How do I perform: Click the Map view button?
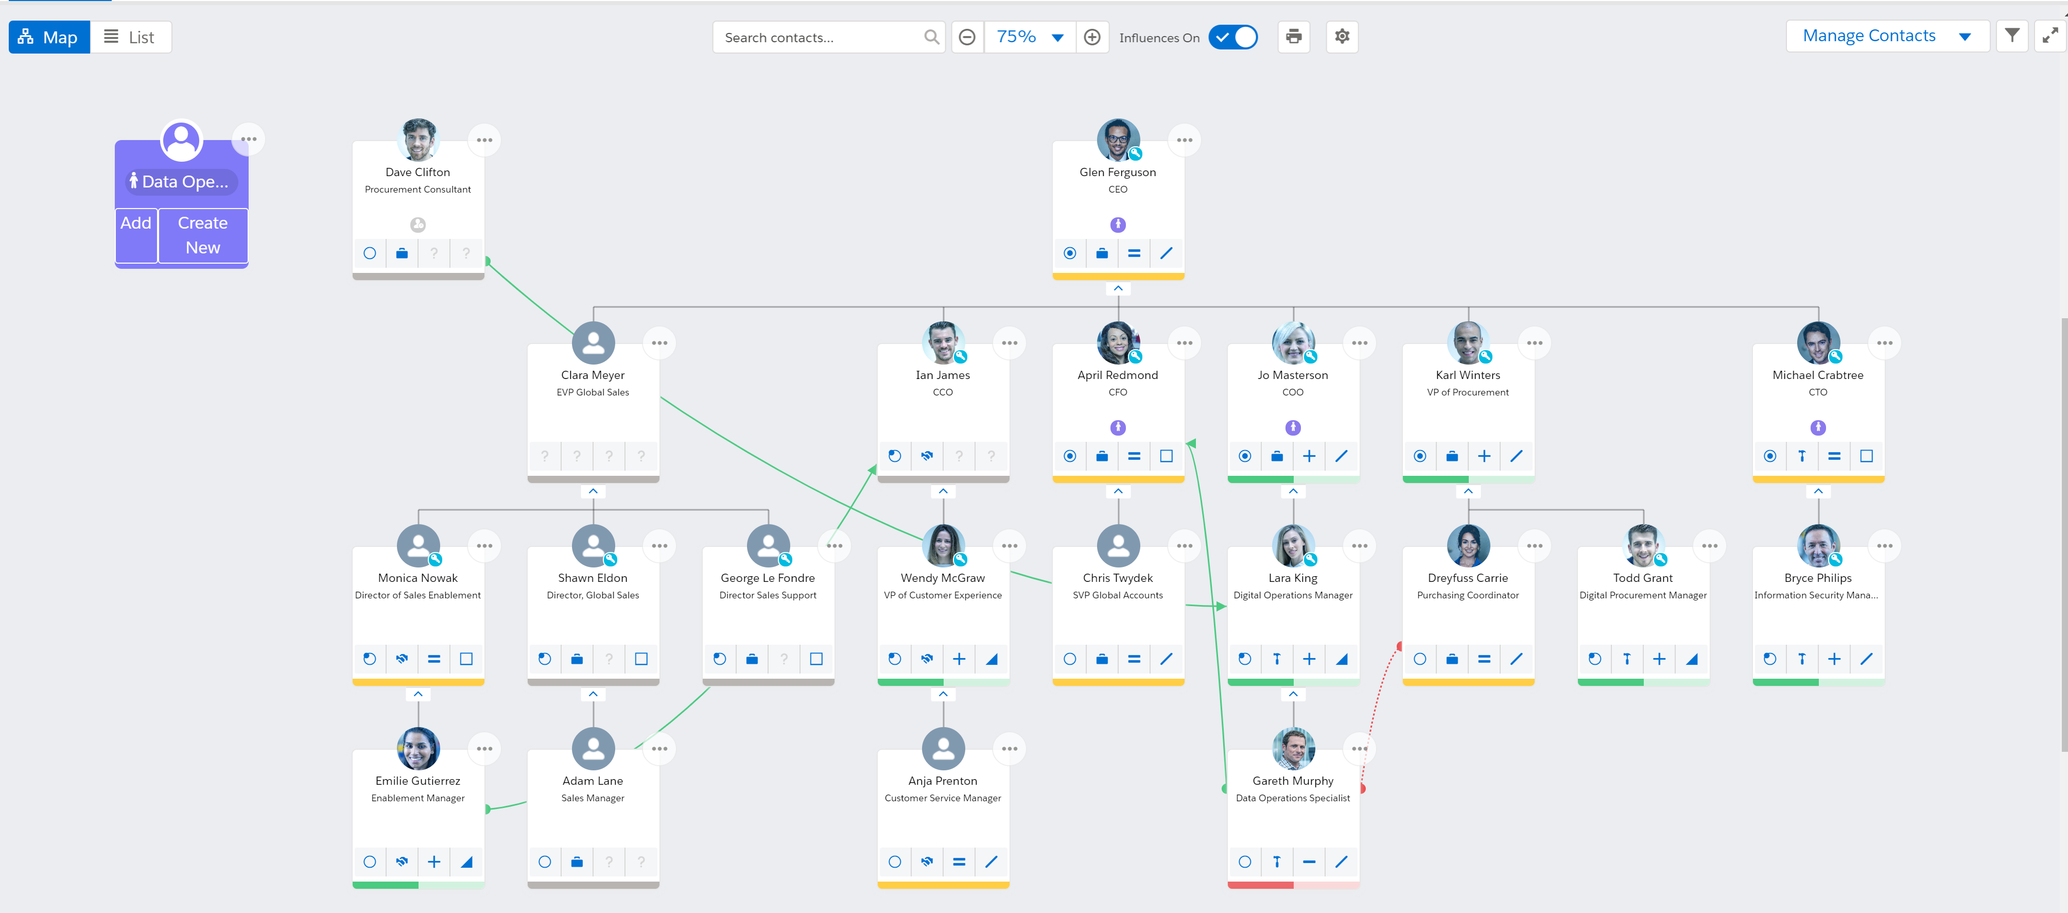click(x=49, y=37)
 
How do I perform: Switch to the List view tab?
click(x=130, y=37)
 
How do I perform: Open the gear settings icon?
click(x=1342, y=37)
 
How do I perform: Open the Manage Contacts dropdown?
click(x=1887, y=36)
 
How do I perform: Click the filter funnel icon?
click(x=2012, y=36)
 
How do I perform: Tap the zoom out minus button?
click(x=967, y=37)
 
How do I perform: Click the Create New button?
click(x=202, y=235)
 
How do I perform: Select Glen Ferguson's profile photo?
click(x=1118, y=141)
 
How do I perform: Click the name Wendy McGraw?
click(x=943, y=578)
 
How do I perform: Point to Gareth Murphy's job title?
click(x=1293, y=798)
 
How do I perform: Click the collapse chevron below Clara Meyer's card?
click(x=593, y=491)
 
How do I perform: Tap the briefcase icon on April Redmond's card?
click(x=1101, y=456)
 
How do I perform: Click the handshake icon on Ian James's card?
click(x=927, y=456)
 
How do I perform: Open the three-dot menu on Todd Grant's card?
click(x=1709, y=546)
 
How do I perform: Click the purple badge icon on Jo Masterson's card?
click(x=1293, y=427)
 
